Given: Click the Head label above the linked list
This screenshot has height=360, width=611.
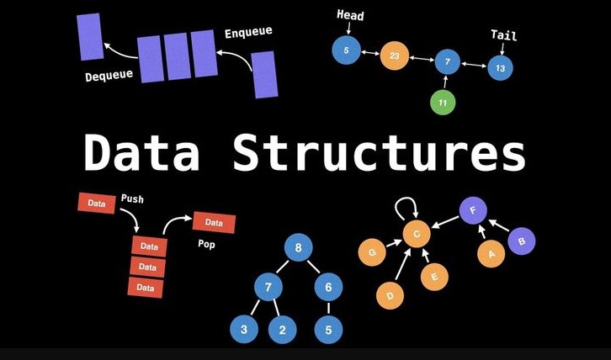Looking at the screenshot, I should click(x=350, y=15).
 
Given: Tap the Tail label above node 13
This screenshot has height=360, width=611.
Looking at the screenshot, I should click(x=504, y=35).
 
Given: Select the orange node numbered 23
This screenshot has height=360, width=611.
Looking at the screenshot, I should click(x=394, y=56).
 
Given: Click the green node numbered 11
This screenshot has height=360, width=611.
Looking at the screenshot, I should click(x=443, y=103).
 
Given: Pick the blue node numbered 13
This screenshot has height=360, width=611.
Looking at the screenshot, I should click(x=501, y=67).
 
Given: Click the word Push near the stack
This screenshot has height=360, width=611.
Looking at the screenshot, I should click(x=132, y=199).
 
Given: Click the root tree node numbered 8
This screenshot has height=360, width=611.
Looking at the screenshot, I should click(x=298, y=248).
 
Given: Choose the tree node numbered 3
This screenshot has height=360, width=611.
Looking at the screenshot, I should click(x=244, y=330).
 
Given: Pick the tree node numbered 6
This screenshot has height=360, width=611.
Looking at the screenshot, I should click(x=329, y=287).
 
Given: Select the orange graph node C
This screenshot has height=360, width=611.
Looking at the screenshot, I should click(x=416, y=235).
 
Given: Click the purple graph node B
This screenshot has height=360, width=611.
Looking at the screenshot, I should click(x=522, y=241).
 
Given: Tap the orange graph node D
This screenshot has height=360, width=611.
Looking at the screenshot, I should click(x=390, y=295).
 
